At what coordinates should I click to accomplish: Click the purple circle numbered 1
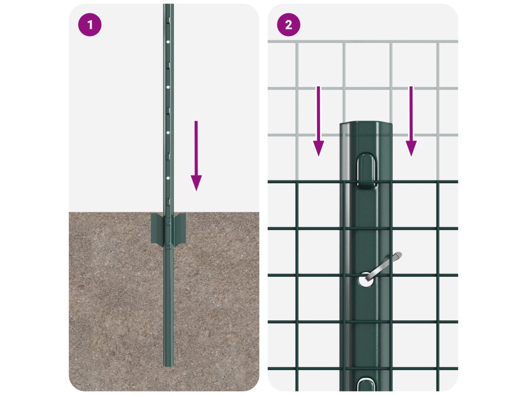pyautogui.click(x=90, y=25)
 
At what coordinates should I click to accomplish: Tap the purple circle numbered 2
pyautogui.click(x=288, y=25)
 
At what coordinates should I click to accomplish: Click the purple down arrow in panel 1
pyautogui.click(x=196, y=156)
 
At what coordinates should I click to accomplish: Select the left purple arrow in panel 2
pyautogui.click(x=318, y=121)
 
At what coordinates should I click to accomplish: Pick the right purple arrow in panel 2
pyautogui.click(x=411, y=121)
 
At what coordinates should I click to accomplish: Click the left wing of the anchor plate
pyautogui.click(x=157, y=228)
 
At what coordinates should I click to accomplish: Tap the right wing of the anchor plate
pyautogui.click(x=180, y=228)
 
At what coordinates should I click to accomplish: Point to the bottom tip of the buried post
pyautogui.click(x=168, y=366)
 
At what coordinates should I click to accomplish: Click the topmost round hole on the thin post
pyautogui.click(x=168, y=42)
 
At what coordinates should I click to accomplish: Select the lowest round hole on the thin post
pyautogui.click(x=168, y=177)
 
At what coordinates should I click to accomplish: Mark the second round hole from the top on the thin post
pyautogui.click(x=168, y=87)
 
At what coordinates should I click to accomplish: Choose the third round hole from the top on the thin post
pyautogui.click(x=168, y=133)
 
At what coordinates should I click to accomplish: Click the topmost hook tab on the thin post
pyautogui.click(x=169, y=20)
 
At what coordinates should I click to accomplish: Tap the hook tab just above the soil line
pyautogui.click(x=168, y=202)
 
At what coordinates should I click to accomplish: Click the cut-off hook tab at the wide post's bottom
pyautogui.click(x=366, y=385)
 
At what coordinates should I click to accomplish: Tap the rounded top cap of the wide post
pyautogui.click(x=366, y=127)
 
